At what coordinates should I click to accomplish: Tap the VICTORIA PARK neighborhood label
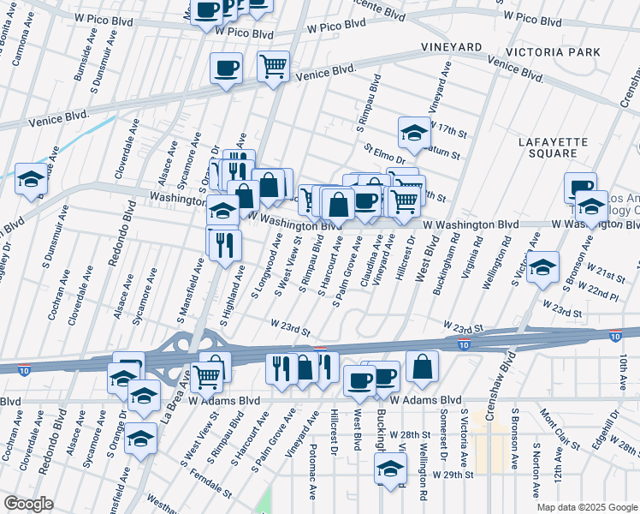click(553, 52)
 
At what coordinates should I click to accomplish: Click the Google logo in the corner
click(28, 503)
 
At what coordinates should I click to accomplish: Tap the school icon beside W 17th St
click(413, 133)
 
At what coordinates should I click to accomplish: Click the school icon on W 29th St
click(390, 469)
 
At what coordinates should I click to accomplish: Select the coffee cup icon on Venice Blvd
click(227, 68)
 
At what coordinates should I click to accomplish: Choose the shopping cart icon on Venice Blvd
click(273, 66)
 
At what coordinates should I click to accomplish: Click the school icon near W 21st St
click(542, 267)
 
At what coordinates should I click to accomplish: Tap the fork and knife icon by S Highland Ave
click(225, 244)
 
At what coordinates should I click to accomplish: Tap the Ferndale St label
click(212, 485)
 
